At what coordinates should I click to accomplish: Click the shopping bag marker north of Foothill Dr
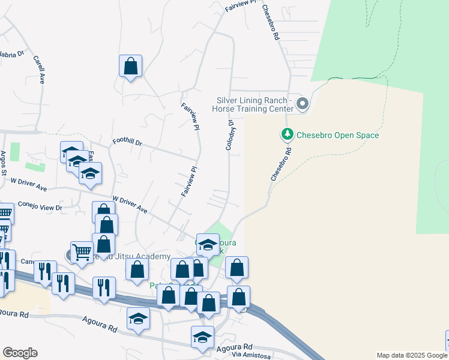(x=130, y=66)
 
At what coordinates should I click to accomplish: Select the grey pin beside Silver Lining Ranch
(x=303, y=104)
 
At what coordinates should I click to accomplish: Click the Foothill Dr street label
(x=127, y=143)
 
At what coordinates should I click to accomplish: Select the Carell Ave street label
(x=40, y=70)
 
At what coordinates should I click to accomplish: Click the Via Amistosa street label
(x=251, y=355)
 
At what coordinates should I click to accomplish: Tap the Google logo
(x=20, y=352)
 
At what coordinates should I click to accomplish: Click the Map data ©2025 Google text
(x=411, y=355)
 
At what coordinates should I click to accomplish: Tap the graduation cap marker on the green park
(x=208, y=244)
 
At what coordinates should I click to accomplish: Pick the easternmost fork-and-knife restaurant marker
(x=103, y=287)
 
